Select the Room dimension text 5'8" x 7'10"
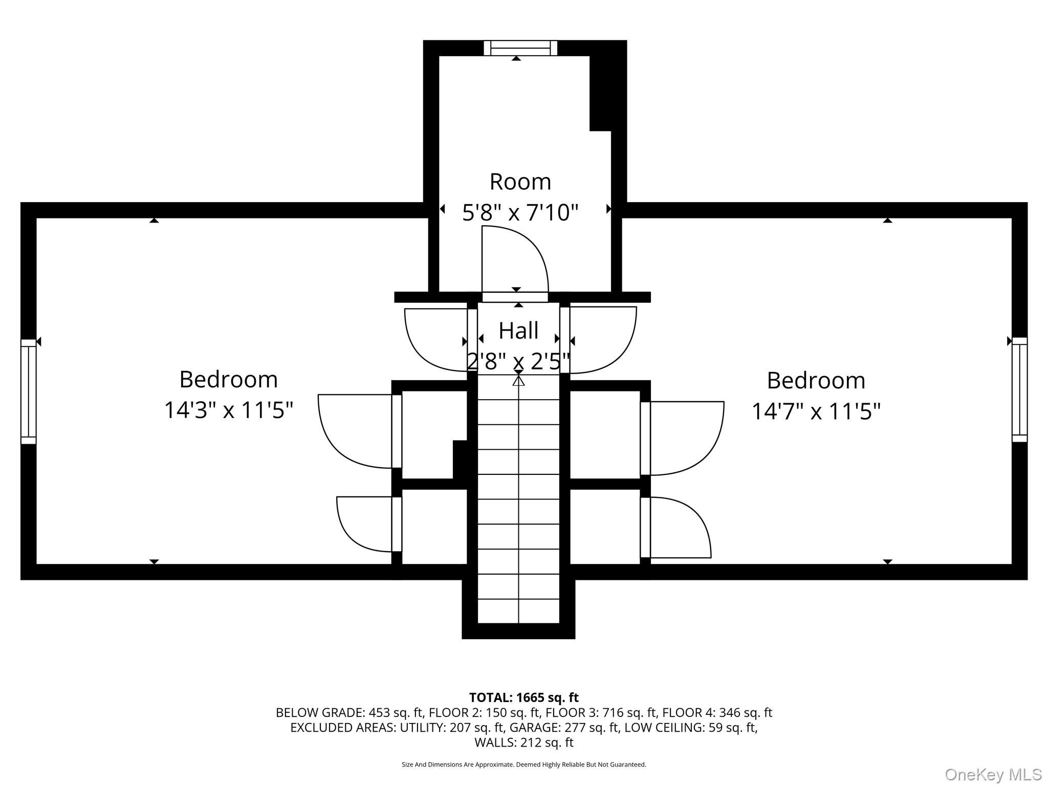point(520,212)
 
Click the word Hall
point(518,331)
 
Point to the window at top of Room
point(520,48)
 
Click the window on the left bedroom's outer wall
point(29,391)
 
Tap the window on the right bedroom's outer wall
point(1019,390)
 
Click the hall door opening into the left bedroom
point(435,339)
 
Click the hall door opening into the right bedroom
point(601,339)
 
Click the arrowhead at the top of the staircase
point(519,381)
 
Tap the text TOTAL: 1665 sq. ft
point(523,697)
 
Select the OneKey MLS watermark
point(993,774)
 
